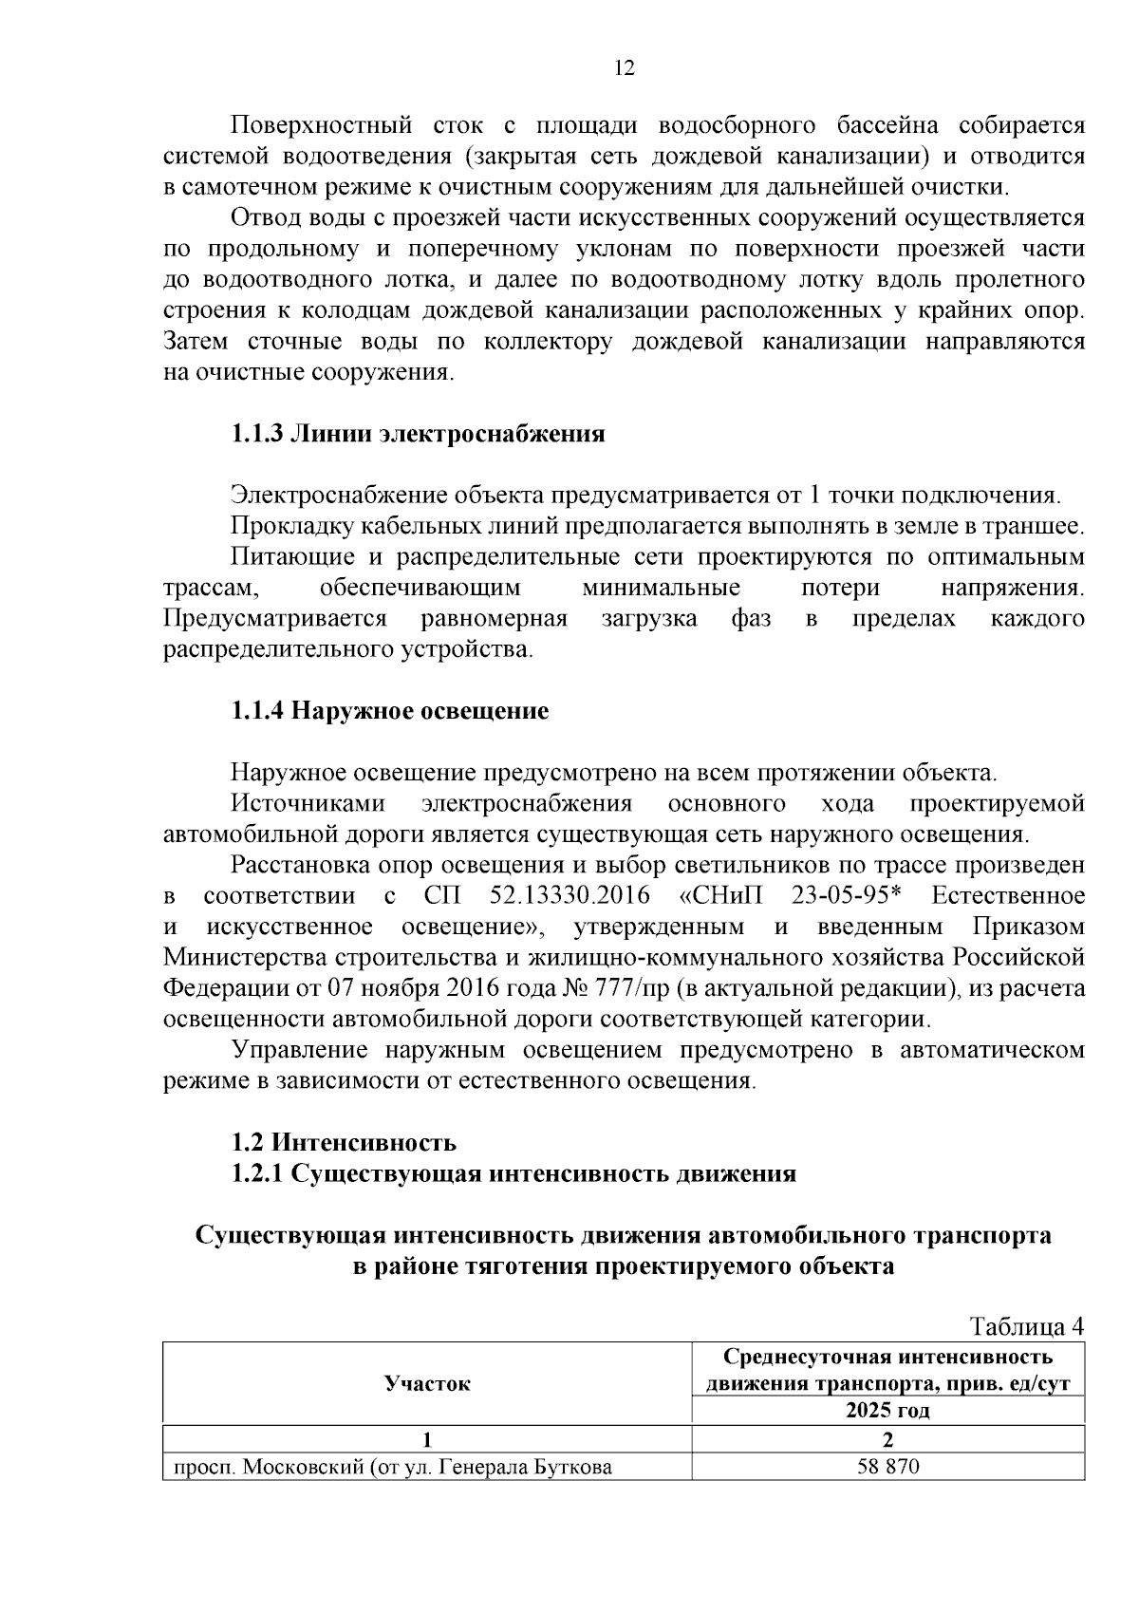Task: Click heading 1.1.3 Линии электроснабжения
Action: [x=418, y=435]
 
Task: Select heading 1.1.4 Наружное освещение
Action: [x=390, y=711]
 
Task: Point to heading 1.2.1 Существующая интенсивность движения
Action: [x=513, y=1174]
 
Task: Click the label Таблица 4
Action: [x=1025, y=1325]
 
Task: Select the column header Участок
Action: [x=427, y=1383]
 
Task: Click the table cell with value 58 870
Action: [x=887, y=1467]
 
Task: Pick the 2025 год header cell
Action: [x=887, y=1410]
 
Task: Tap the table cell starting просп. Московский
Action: [x=391, y=1468]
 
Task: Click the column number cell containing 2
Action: [x=887, y=1439]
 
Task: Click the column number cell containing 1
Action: [x=427, y=1439]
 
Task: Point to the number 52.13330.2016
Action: [x=569, y=896]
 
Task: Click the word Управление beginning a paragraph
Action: [x=299, y=1050]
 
